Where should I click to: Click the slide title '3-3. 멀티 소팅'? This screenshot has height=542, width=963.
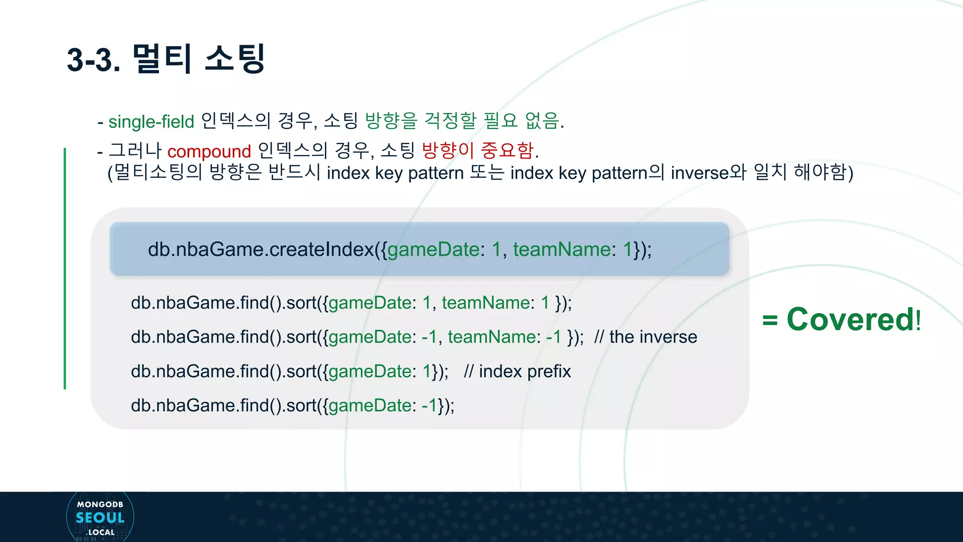tap(166, 59)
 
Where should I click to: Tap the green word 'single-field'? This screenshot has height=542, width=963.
tap(151, 122)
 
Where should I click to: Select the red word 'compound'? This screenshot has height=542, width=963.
tap(209, 151)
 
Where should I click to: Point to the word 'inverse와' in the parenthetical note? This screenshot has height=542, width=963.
tap(708, 173)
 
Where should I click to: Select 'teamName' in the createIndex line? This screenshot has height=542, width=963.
tap(561, 249)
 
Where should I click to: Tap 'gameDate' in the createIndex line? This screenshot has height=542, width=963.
tap(433, 249)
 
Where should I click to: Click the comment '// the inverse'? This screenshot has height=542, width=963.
tap(645, 337)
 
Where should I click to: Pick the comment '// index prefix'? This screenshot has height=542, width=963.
tap(517, 371)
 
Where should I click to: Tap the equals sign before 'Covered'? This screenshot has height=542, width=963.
tap(770, 320)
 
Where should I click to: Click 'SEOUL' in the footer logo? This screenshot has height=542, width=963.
tap(100, 518)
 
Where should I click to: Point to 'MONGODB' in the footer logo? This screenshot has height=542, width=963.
tap(100, 504)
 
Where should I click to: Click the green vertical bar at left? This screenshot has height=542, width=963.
tap(65, 268)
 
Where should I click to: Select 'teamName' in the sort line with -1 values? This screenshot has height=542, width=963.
tap(491, 337)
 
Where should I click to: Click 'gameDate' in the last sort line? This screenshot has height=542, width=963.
tap(370, 406)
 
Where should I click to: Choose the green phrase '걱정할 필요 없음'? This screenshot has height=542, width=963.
tap(491, 121)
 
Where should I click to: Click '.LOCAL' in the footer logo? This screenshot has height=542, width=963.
tap(101, 532)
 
